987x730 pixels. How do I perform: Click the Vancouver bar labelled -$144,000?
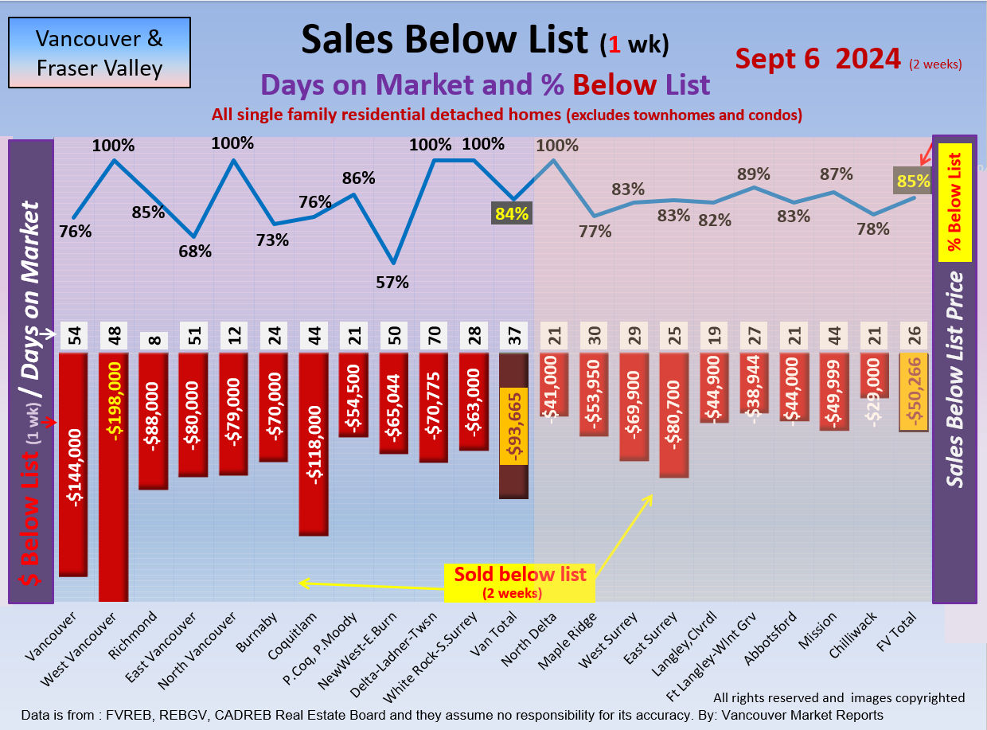[x=73, y=464]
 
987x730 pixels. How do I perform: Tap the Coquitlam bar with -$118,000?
[x=314, y=443]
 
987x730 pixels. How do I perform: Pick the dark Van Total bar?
[x=513, y=426]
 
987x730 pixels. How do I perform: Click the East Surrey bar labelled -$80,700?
[x=674, y=415]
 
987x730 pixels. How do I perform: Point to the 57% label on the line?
[x=392, y=282]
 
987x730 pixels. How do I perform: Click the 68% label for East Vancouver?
[x=194, y=252]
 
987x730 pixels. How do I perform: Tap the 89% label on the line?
[x=753, y=174]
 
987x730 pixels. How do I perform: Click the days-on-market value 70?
[x=434, y=337]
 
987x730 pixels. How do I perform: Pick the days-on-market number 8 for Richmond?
[x=154, y=340]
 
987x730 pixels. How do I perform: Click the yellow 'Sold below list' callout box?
[x=520, y=582]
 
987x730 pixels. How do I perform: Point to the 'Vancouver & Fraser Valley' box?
[x=99, y=53]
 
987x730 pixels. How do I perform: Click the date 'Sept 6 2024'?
[x=817, y=59]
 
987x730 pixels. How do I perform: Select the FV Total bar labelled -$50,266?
[x=913, y=392]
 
